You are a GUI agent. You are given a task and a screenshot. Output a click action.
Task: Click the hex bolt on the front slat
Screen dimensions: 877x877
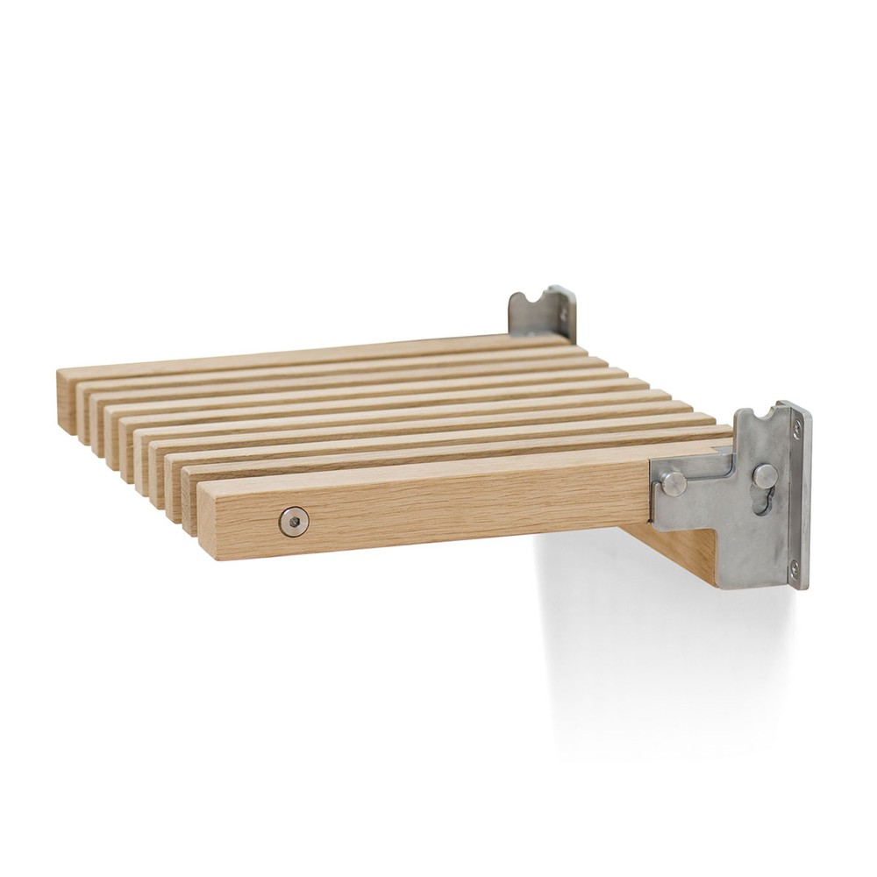click(294, 522)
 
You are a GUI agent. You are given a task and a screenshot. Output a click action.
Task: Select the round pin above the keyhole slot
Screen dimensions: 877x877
click(765, 475)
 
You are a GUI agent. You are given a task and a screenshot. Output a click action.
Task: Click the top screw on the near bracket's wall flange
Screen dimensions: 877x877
click(796, 427)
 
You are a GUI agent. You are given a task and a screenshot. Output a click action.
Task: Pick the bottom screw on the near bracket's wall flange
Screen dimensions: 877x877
click(794, 568)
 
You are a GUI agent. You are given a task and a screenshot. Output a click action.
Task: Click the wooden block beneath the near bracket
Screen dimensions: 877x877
click(684, 548)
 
